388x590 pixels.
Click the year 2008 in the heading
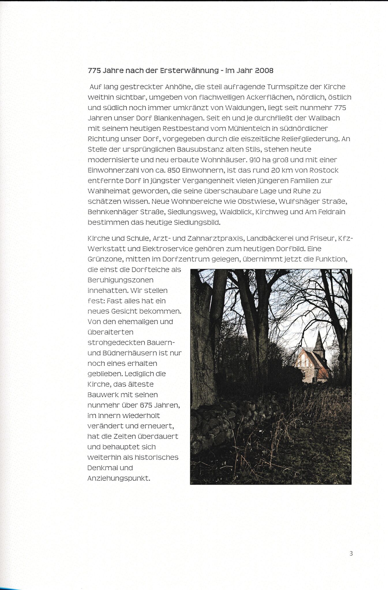pyautogui.click(x=264, y=71)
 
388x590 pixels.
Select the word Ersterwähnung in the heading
pyautogui.click(x=189, y=71)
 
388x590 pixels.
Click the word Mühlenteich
pyautogui.click(x=248, y=128)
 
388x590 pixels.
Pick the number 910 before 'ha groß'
pyautogui.click(x=254, y=160)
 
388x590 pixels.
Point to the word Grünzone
pyautogui.click(x=105, y=259)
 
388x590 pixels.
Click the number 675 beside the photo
pyautogui.click(x=146, y=405)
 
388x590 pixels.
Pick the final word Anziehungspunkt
pyautogui.click(x=119, y=479)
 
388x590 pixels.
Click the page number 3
pyautogui.click(x=351, y=553)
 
